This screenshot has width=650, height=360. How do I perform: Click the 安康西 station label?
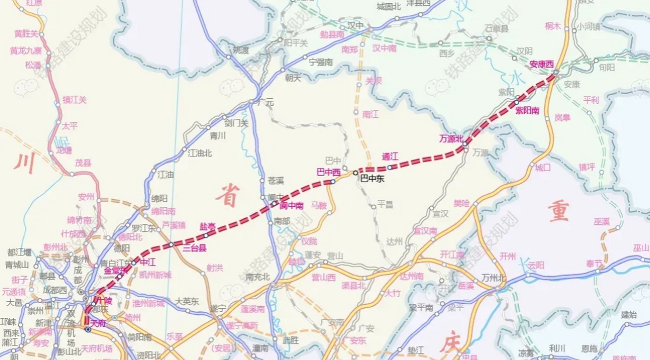tap(541, 64)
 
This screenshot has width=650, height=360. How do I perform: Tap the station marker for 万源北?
tap(465, 144)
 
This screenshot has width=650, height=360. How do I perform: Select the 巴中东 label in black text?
tap(372, 179)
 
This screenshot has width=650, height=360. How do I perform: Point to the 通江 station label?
tap(390, 157)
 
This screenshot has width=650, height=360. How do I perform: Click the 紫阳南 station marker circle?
tap(517, 102)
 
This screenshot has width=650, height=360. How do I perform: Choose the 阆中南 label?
tap(291, 206)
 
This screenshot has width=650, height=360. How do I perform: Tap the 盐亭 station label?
tap(208, 226)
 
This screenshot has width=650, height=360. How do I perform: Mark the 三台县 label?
tap(195, 248)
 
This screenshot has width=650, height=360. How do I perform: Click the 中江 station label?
tap(147, 262)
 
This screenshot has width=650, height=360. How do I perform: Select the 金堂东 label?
tap(115, 271)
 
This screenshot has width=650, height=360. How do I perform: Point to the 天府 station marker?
tap(88, 329)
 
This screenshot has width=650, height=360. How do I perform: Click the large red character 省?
tap(228, 196)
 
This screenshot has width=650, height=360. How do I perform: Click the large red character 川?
tap(25, 163)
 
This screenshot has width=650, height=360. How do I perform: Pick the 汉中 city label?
tap(356, 26)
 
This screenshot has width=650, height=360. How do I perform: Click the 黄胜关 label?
tap(26, 34)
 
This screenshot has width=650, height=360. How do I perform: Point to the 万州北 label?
tap(493, 278)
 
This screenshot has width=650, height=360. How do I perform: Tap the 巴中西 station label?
tap(328, 172)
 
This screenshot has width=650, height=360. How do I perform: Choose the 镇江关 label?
tap(75, 100)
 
